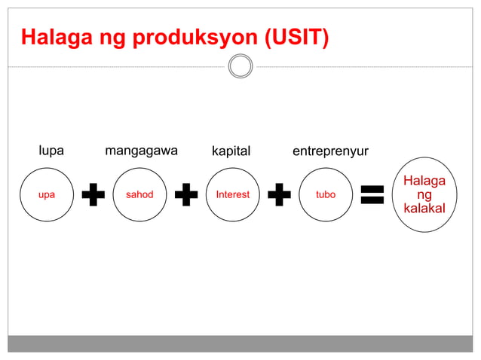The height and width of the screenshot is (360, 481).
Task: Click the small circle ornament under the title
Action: (240, 67)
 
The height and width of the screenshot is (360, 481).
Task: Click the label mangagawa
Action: (141, 151)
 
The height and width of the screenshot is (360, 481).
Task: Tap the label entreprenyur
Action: (330, 151)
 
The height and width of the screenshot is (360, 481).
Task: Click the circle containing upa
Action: (47, 194)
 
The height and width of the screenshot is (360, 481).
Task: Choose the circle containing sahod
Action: (139, 194)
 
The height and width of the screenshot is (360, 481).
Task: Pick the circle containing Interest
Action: (232, 194)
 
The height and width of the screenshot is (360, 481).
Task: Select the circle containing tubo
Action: (326, 194)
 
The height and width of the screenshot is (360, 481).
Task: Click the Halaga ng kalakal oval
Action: (424, 194)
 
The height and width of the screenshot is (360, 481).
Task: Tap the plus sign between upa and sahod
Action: (93, 194)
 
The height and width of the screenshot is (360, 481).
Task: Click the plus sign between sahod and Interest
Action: (186, 194)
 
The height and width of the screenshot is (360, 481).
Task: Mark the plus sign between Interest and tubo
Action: (279, 194)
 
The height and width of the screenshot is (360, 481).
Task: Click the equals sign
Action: (372, 194)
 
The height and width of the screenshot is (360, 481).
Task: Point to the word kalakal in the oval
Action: (424, 208)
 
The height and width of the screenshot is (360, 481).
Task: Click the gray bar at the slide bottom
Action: (240, 343)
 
